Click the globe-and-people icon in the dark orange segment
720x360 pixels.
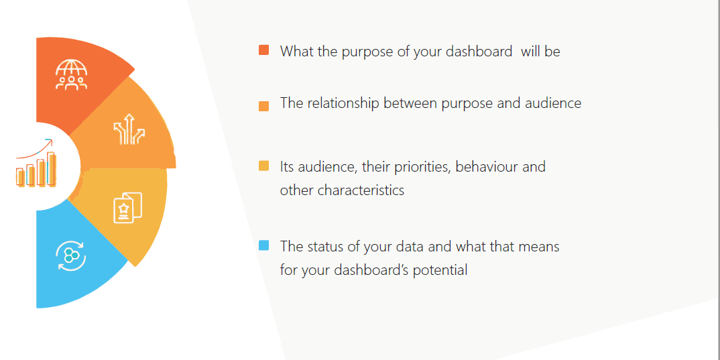click(x=71, y=74)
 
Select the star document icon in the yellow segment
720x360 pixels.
click(x=127, y=208)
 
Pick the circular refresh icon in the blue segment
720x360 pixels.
click(x=70, y=255)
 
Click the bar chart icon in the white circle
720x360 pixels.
click(x=36, y=168)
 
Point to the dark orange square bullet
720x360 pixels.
click(x=263, y=50)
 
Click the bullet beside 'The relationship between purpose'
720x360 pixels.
click(x=263, y=106)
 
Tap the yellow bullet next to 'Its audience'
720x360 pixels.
click(x=263, y=166)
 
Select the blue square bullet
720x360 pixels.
click(x=263, y=245)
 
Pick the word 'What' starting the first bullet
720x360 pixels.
click(x=294, y=51)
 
